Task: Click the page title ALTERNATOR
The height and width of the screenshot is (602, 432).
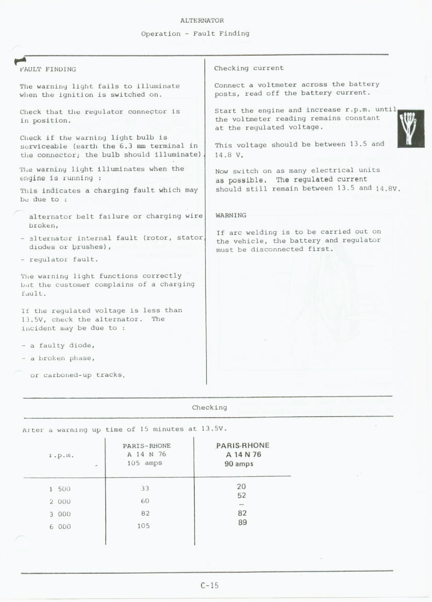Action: [202, 21]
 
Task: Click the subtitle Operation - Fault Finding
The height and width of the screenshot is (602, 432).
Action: [195, 33]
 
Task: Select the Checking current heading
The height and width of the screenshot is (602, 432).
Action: [249, 68]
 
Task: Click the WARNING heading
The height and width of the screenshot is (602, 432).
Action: [231, 215]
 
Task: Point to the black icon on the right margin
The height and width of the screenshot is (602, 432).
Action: [410, 129]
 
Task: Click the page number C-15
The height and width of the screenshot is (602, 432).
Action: [210, 585]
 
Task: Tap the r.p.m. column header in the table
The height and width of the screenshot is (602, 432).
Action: [61, 455]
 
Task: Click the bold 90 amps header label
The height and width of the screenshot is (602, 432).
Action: [239, 463]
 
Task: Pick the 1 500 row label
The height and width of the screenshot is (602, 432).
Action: [60, 489]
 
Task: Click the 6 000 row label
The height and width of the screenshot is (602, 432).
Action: [60, 527]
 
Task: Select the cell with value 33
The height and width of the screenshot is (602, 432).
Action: [145, 488]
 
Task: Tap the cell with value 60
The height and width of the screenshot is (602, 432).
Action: [145, 501]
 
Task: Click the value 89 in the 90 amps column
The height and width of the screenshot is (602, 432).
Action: [242, 522]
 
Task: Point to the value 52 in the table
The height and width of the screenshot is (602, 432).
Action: [241, 495]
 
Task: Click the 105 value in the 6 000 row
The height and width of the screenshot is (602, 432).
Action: [144, 526]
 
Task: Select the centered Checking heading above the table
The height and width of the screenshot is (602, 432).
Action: [209, 407]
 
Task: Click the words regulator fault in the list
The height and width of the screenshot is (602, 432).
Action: [64, 260]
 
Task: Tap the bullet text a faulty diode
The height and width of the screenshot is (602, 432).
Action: [62, 346]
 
